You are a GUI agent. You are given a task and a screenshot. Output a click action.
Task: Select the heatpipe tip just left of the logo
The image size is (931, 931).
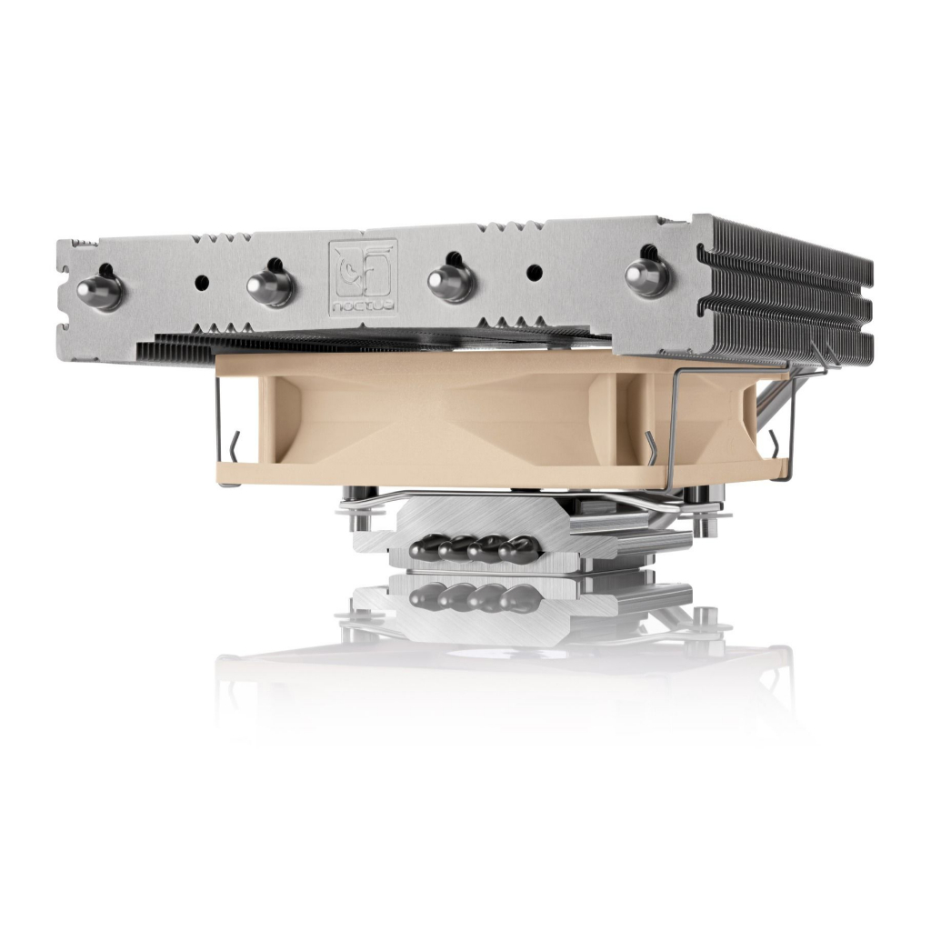(270, 285)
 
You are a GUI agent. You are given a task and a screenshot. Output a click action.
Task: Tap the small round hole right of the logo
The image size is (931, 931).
(535, 272)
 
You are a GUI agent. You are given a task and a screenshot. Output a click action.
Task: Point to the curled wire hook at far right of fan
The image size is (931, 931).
(776, 443)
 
